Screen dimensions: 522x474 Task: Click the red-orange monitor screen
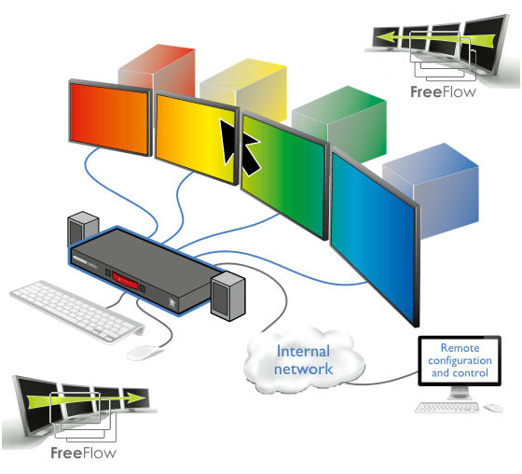[x=109, y=118]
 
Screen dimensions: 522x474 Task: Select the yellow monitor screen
[x=197, y=137]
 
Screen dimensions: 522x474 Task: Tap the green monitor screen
[x=283, y=174]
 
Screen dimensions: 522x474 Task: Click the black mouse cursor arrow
[x=239, y=146]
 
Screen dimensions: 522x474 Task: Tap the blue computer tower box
[x=432, y=189]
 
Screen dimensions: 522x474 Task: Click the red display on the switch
[x=125, y=281]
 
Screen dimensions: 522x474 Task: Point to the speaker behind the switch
[x=83, y=228]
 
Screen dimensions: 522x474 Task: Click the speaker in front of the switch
[x=228, y=296]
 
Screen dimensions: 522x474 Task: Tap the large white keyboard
[x=76, y=311]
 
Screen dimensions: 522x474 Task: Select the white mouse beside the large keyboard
[x=144, y=353]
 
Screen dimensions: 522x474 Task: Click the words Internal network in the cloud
[x=303, y=360]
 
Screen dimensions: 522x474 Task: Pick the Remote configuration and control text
[x=460, y=360]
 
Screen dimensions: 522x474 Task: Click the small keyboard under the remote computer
[x=446, y=407]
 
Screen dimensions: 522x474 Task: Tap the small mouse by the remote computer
[x=493, y=408]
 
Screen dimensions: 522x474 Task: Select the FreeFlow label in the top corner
[x=443, y=91]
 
